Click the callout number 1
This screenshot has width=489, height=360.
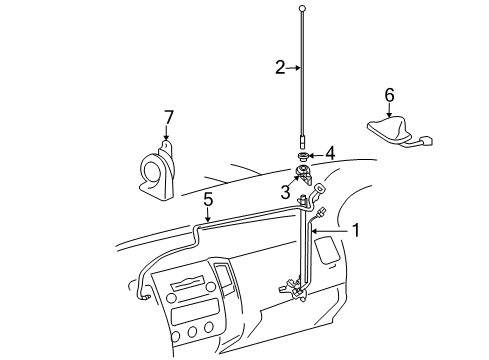[x=356, y=230]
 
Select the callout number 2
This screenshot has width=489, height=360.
[x=280, y=67]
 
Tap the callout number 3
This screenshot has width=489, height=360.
[x=285, y=192]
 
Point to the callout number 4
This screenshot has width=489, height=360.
[x=330, y=154]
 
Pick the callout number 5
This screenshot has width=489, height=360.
[x=208, y=200]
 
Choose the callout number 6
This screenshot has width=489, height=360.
[x=389, y=95]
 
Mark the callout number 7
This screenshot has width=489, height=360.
[x=169, y=117]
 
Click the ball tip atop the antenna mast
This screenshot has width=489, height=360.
[x=302, y=8]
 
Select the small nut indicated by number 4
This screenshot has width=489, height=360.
[x=302, y=156]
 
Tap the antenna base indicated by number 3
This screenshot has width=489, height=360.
[x=304, y=174]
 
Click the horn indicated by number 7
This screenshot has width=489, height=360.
[x=156, y=172]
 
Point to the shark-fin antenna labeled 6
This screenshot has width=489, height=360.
[x=389, y=130]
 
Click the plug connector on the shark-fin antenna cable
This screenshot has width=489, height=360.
[x=426, y=140]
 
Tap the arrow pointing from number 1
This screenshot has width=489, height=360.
[x=331, y=231]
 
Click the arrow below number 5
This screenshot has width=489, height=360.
[x=208, y=214]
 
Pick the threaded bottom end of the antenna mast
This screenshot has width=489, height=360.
[x=302, y=141]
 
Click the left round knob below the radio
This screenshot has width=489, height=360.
[x=171, y=298]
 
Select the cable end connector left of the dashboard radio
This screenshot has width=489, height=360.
[x=146, y=297]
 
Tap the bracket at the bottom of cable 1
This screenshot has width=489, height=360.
[x=294, y=288]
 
